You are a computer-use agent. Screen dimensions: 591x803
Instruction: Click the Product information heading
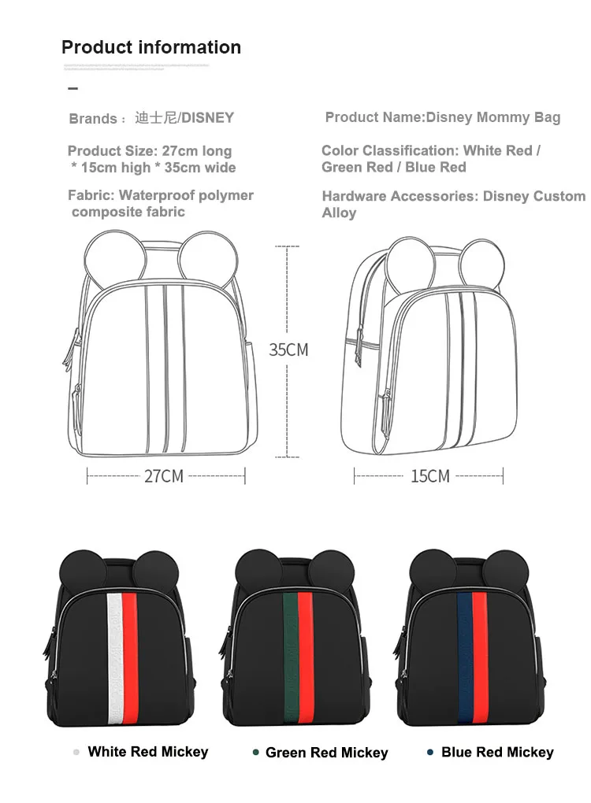click(x=151, y=47)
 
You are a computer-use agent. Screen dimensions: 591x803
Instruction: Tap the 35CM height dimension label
click(x=288, y=350)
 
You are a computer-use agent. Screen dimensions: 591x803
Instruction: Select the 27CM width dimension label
click(x=164, y=476)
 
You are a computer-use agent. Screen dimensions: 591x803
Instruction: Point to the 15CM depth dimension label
click(x=429, y=476)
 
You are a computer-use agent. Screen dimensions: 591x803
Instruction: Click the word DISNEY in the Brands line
click(x=208, y=118)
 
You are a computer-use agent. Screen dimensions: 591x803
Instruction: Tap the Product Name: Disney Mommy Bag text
click(x=443, y=117)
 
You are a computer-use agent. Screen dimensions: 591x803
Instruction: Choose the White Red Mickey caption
click(x=148, y=752)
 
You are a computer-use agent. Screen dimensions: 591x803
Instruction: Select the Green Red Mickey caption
click(x=326, y=753)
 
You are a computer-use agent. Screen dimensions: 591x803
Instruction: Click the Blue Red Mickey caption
click(x=497, y=753)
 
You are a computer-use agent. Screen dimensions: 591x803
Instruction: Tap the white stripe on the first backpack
click(x=113, y=653)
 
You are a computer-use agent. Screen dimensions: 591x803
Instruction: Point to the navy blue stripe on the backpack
click(x=465, y=653)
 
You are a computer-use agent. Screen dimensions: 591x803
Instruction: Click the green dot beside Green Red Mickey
click(x=255, y=753)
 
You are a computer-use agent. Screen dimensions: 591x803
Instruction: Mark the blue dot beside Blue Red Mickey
click(x=429, y=753)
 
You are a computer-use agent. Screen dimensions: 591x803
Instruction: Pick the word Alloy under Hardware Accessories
click(x=339, y=213)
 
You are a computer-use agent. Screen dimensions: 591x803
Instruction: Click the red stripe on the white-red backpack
click(x=129, y=653)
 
